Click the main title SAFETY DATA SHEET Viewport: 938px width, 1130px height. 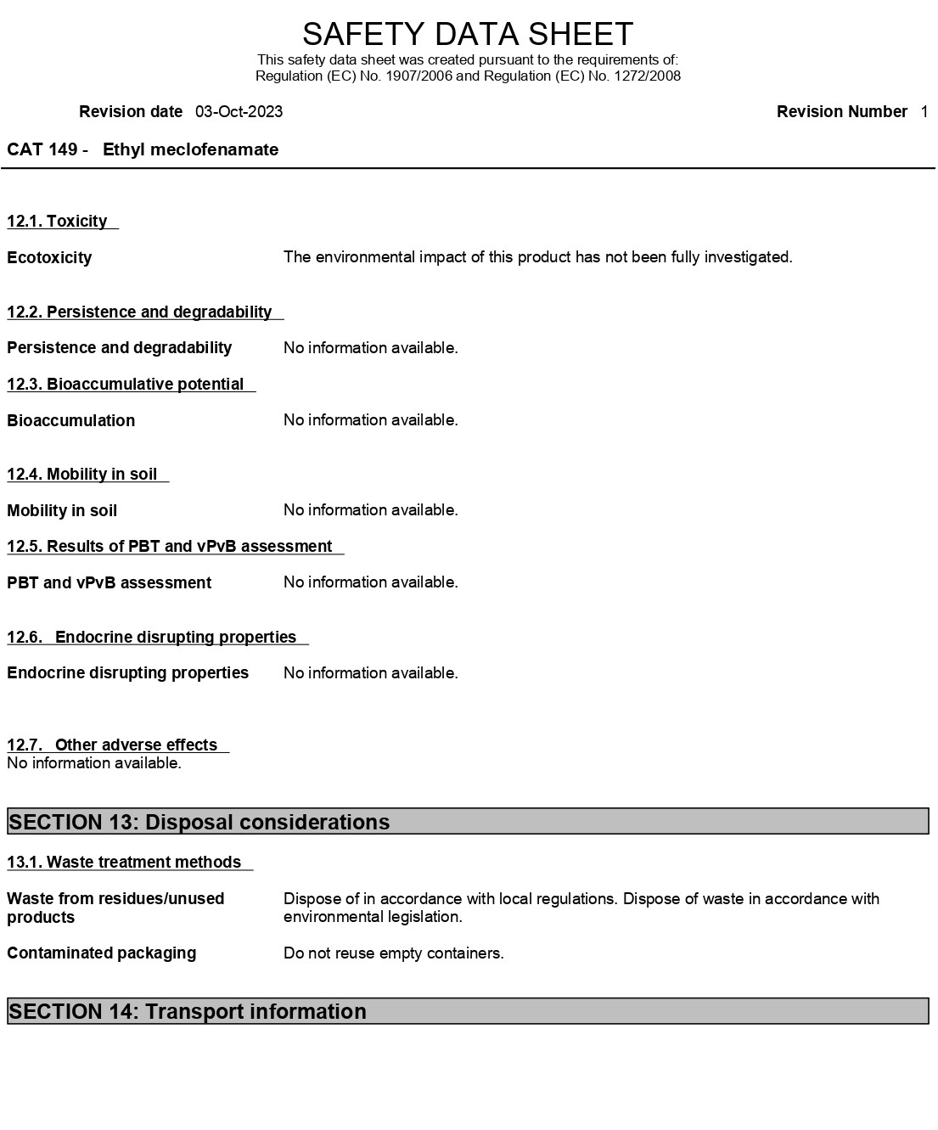[x=468, y=34]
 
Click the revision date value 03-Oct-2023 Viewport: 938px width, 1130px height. [x=239, y=112]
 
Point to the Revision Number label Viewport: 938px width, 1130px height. [x=841, y=112]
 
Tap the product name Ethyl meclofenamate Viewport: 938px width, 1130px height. [x=190, y=150]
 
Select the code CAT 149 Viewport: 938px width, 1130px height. [x=42, y=150]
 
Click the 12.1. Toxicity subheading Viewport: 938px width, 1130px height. [x=58, y=222]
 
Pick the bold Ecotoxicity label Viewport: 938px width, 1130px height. [x=49, y=258]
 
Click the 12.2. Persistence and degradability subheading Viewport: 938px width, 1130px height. [x=140, y=312]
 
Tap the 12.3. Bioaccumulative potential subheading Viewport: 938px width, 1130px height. [x=126, y=385]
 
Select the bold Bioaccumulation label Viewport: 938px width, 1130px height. [x=71, y=421]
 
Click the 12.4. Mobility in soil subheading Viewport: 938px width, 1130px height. [x=82, y=475]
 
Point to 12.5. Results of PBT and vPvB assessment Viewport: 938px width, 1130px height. [x=170, y=547]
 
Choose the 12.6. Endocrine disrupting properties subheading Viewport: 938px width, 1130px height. [x=153, y=638]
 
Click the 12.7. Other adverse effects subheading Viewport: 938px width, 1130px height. [x=113, y=745]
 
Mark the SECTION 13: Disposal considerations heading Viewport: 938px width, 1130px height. [x=199, y=822]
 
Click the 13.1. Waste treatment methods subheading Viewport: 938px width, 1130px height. [x=124, y=863]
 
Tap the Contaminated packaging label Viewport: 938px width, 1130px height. [x=102, y=953]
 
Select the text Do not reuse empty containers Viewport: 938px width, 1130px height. [x=394, y=953]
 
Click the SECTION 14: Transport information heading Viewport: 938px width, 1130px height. [x=188, y=1011]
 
